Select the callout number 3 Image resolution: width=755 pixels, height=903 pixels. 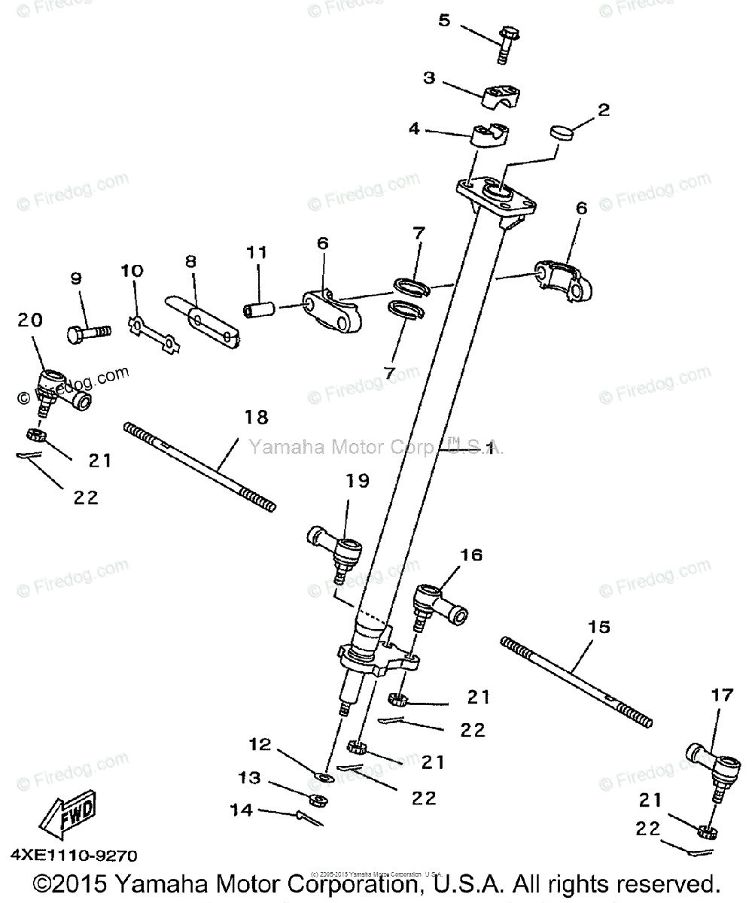[x=429, y=78]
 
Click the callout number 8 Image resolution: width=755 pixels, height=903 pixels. [x=190, y=260]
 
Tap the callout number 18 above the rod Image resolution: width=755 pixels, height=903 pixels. [x=257, y=418]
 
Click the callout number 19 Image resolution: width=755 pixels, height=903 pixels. [x=358, y=480]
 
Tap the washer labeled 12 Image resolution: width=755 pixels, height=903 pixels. [x=323, y=776]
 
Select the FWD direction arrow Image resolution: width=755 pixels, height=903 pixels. [x=66, y=813]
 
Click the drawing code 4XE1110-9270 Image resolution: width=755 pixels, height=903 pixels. [x=74, y=855]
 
